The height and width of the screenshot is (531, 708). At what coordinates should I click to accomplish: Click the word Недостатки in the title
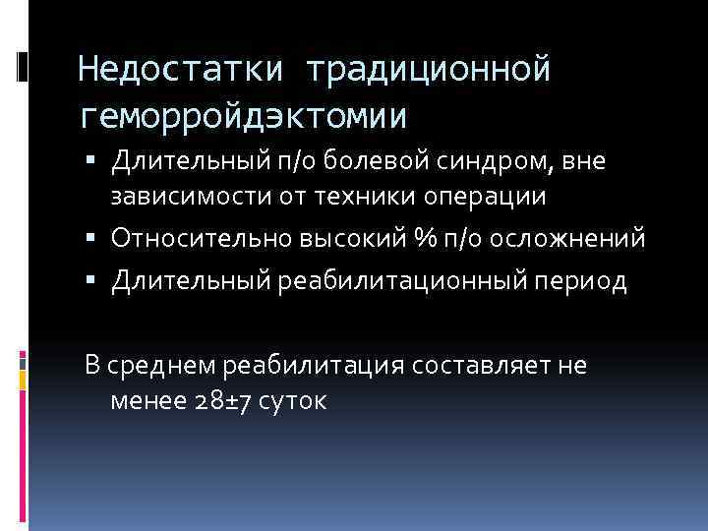181,71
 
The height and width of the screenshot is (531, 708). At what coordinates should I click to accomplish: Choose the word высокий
328,239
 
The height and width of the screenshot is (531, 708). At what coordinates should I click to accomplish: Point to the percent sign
395,239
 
